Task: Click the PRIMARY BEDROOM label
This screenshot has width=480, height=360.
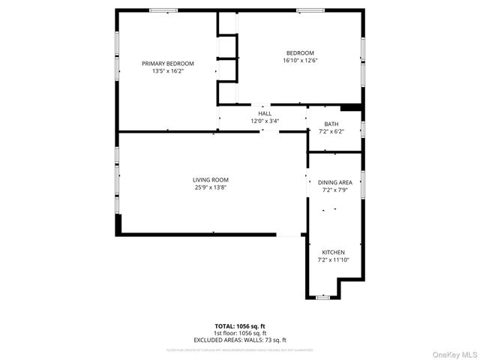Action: (x=168, y=64)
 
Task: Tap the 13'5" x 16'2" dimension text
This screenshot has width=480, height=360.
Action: (x=168, y=71)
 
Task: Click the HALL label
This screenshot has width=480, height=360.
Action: (x=265, y=113)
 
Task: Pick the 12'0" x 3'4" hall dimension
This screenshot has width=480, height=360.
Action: (x=265, y=121)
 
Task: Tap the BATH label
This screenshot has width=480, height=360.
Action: (x=331, y=124)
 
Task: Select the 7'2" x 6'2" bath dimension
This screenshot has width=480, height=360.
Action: (x=331, y=132)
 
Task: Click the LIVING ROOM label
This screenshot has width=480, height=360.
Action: (x=210, y=180)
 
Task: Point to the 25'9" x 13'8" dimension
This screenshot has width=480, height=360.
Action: (x=210, y=187)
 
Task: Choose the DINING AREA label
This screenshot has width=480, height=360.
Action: (x=334, y=182)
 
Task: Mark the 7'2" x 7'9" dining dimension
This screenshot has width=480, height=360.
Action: (x=334, y=190)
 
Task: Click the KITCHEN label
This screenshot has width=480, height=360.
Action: (x=334, y=252)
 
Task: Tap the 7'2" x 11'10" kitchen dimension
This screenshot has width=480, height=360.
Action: (x=334, y=260)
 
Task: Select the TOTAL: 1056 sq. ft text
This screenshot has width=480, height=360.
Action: (x=240, y=326)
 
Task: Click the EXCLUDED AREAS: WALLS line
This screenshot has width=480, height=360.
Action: (x=240, y=340)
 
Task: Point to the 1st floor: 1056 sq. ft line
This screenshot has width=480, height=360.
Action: (x=240, y=333)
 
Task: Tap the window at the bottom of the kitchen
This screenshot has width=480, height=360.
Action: (x=322, y=298)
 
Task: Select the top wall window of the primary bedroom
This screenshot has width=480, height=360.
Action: (x=163, y=10)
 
